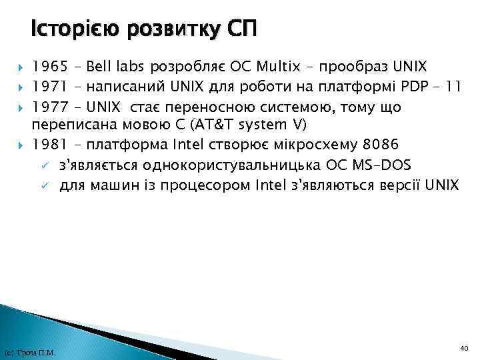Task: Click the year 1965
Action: click(49, 67)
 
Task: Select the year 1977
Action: click(49, 107)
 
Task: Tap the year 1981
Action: click(49, 145)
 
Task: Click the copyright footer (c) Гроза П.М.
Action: click(30, 352)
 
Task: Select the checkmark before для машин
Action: click(43, 185)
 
